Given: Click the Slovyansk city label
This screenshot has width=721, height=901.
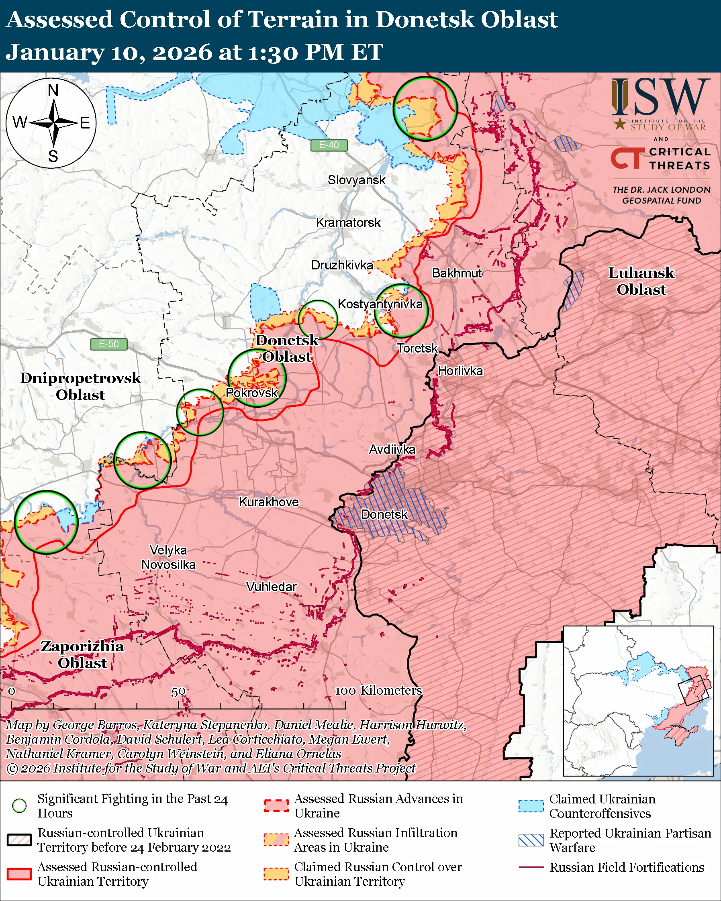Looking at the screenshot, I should tap(356, 180).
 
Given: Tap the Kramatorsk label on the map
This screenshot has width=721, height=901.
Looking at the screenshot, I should tap(348, 222).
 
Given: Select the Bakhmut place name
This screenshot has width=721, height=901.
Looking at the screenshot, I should tap(456, 273).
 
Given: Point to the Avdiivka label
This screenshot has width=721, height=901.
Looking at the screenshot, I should tap(392, 449).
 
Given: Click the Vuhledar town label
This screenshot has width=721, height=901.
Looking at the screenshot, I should tap(271, 587).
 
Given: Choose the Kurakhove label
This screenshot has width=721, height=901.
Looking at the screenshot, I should tap(268, 502).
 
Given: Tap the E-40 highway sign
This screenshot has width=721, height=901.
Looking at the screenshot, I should tap(329, 145).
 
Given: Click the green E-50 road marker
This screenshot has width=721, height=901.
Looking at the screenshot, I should tap(109, 344).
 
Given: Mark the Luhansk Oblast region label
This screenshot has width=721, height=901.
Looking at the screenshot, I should tap(641, 281).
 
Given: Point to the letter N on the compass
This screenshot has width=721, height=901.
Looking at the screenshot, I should tap(53, 90).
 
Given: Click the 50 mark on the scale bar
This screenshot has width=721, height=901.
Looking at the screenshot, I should tap(178, 692).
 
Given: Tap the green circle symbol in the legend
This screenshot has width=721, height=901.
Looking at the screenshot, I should tap(20, 805).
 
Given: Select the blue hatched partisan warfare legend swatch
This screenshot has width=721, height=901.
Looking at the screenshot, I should tap(531, 840).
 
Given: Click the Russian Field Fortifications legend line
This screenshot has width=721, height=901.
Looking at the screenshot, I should tap(531, 867).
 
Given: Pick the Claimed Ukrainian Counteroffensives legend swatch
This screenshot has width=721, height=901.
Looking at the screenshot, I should tap(531, 806).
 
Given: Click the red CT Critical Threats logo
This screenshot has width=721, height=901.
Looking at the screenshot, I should tap(626, 158).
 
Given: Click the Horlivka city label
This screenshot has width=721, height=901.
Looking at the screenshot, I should tap(460, 371).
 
